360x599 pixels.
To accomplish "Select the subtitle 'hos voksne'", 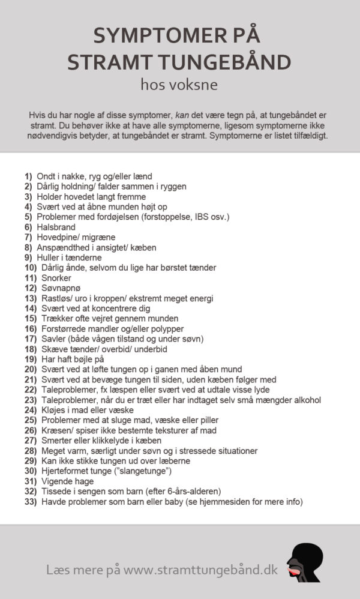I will tap(179, 85).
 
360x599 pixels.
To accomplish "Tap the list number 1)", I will tap(28, 176).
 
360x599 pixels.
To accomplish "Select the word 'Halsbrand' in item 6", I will tap(56, 227).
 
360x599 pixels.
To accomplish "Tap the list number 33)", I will tap(31, 501).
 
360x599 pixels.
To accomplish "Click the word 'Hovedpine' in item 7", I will tap(58, 237).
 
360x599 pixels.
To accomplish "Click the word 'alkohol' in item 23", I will tap(307, 400).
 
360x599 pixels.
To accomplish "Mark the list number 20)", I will tap(31, 369).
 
